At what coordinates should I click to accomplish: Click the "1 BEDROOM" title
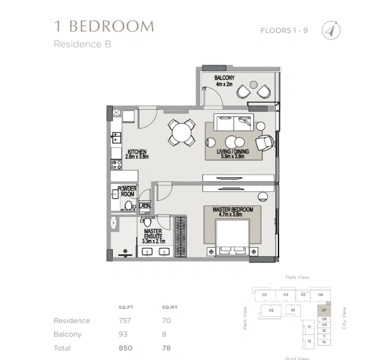point(103,26)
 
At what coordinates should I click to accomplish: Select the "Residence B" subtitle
point(82,44)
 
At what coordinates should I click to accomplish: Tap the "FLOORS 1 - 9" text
point(284,31)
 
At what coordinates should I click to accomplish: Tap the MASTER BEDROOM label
point(232,212)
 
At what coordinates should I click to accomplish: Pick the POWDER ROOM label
point(127,191)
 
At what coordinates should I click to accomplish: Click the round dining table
point(181,131)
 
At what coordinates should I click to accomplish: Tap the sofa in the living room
point(234,121)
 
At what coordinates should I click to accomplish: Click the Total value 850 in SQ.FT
point(125,348)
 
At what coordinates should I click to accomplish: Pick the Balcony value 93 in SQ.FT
point(125,334)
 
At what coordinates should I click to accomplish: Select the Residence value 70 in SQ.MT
point(166,320)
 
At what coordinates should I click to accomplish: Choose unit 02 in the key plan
point(271,310)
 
